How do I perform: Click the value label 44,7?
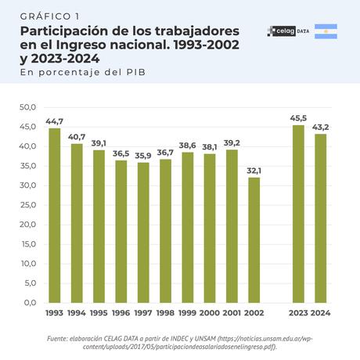pos(54,121)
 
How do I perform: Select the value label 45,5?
pos(298,118)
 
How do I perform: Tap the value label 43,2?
pos(321,127)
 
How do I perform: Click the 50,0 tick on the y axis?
pos(28,107)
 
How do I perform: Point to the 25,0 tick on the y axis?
pos(28,205)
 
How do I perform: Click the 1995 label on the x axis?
pos(99,314)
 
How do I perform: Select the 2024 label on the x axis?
pos(321,314)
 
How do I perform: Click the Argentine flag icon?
pos(326,32)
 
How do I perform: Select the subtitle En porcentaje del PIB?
pos(84,72)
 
